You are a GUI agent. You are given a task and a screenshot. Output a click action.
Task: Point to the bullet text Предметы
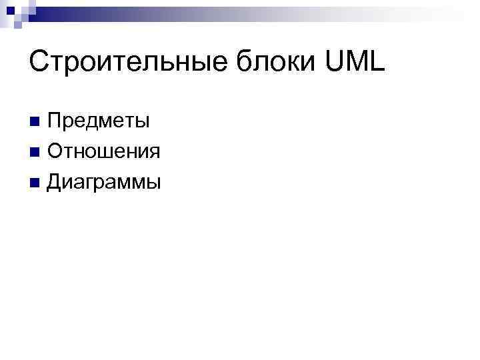point(98,121)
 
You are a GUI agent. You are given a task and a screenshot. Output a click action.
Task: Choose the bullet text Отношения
point(103,151)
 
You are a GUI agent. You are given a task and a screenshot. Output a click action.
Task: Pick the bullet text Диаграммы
point(104,181)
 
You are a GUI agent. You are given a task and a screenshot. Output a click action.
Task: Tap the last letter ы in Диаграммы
point(153,183)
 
